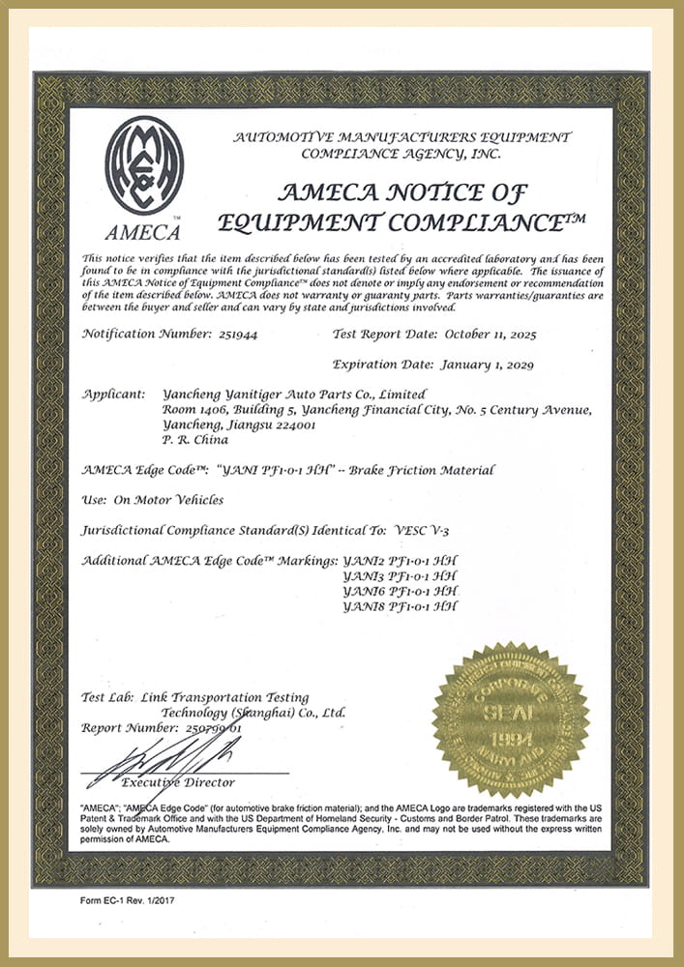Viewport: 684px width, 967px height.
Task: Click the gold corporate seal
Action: [x=510, y=720]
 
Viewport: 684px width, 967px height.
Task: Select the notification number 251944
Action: [x=234, y=334]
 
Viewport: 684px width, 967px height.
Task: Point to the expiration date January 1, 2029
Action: [x=486, y=365]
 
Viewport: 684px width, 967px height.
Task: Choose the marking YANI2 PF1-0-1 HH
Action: [x=400, y=561]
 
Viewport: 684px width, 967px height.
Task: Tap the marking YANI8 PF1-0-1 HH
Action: [x=400, y=606]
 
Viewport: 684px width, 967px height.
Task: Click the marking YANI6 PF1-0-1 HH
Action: [x=400, y=591]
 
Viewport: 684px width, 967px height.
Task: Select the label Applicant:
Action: [x=114, y=395]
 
